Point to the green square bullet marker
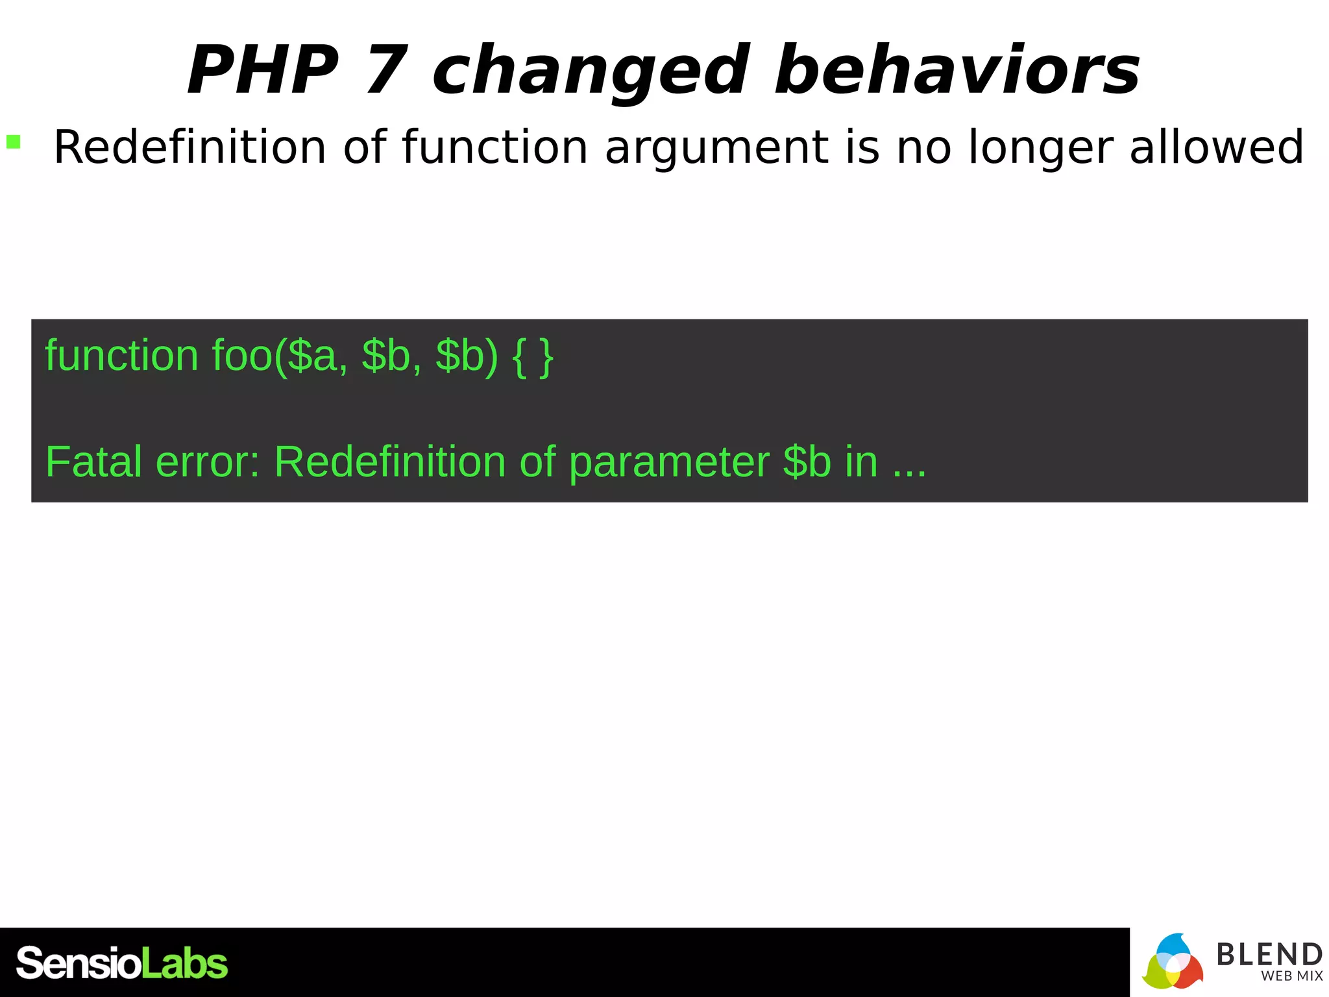pos(14,142)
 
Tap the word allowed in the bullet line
pos(1216,147)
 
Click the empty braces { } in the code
pos(533,357)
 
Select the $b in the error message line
pos(807,462)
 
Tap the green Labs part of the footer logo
pos(184,964)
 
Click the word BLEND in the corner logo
pos(1269,954)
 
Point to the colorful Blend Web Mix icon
pos(1173,963)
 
